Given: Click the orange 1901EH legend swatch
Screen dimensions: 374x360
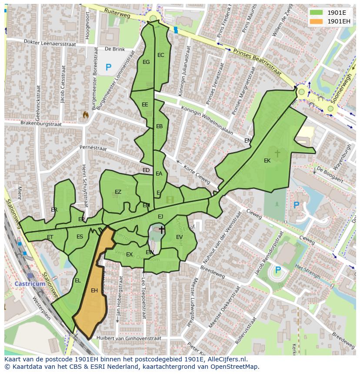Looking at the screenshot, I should pos(317,21).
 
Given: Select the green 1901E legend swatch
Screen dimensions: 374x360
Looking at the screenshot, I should pos(317,13).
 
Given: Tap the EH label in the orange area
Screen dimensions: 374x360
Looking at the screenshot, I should pos(94,291).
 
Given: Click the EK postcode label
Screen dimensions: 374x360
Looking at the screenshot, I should pos(267,161).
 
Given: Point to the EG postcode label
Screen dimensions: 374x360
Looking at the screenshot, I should pos(146,62).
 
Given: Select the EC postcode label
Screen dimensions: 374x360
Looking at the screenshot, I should pos(161,55).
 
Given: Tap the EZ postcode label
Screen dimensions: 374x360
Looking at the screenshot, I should pos(118,192).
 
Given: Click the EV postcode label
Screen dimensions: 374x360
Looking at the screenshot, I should pos(179,237).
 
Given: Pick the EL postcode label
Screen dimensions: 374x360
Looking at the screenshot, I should pos(77,281).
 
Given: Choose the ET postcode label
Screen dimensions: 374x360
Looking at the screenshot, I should pos(50,237).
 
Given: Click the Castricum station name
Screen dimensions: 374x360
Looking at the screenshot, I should pos(30,284).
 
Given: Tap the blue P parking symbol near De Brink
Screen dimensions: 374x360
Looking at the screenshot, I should pos(108,67).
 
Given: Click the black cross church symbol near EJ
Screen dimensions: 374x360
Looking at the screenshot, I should pos(161,229).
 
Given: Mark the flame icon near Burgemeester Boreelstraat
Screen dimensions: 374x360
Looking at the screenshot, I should pos(86,115).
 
